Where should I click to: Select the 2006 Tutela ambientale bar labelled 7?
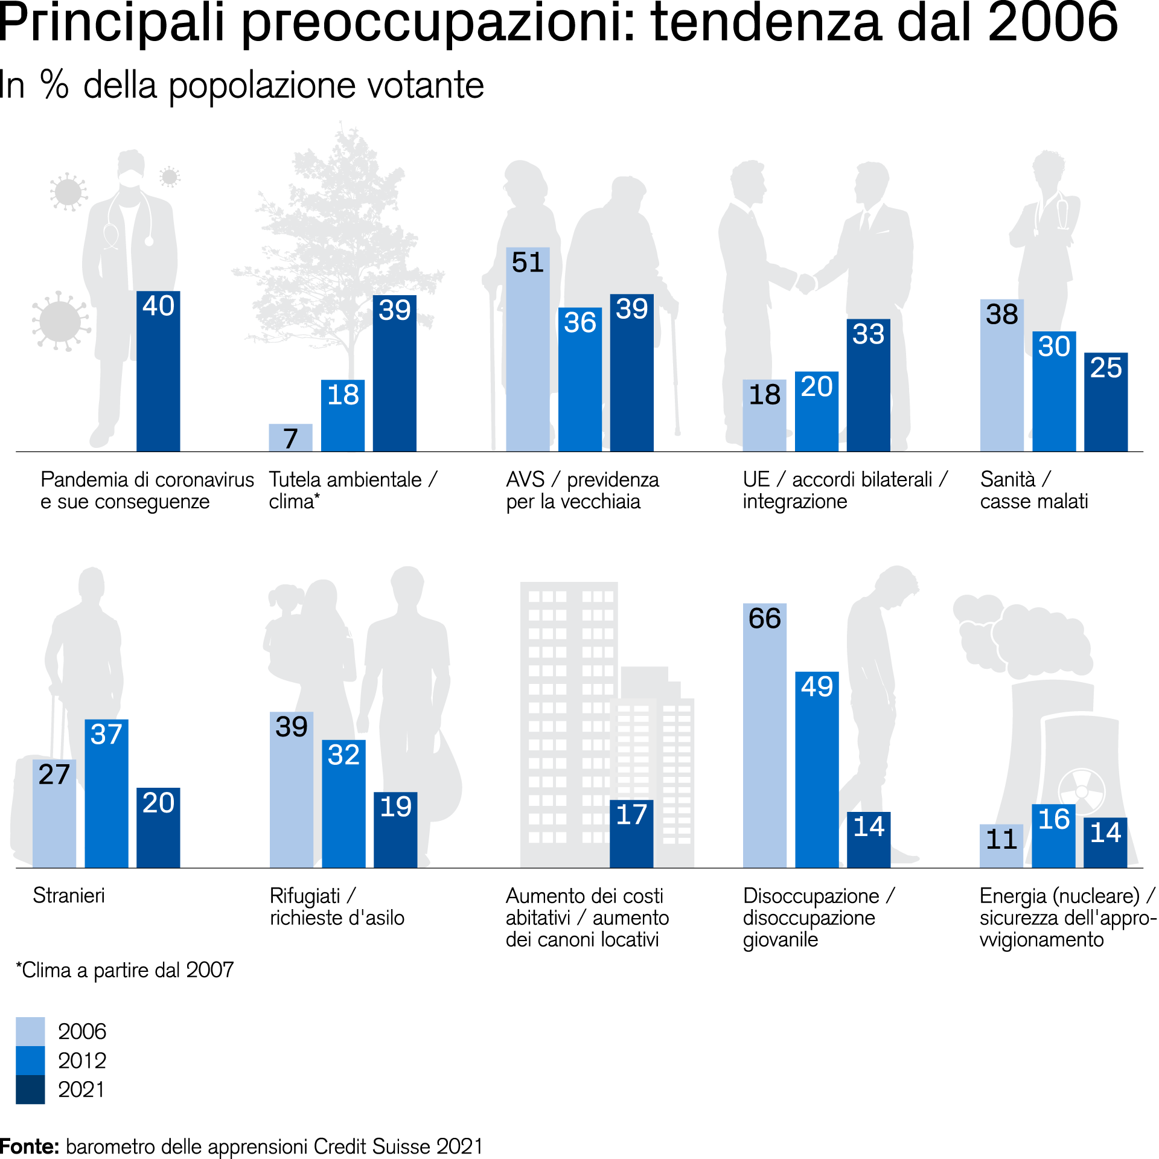click(x=290, y=438)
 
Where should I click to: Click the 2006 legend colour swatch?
click(x=30, y=1032)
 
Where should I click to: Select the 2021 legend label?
click(x=81, y=1090)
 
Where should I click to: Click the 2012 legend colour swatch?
click(x=30, y=1061)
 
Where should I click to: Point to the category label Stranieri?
click(x=69, y=896)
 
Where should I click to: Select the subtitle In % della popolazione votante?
click(x=241, y=85)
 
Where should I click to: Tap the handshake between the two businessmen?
click(x=805, y=283)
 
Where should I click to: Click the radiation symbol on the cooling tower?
click(x=1082, y=791)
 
